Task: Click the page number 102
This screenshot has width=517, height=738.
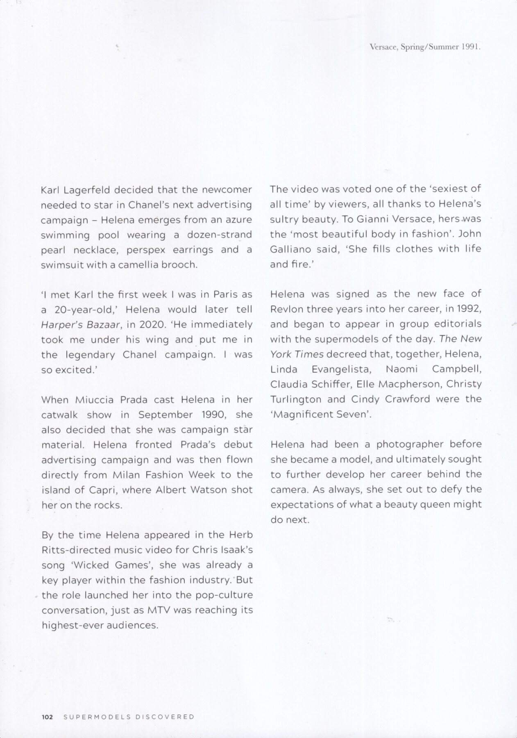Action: [x=48, y=717]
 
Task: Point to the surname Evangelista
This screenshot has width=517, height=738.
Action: [x=341, y=369]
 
